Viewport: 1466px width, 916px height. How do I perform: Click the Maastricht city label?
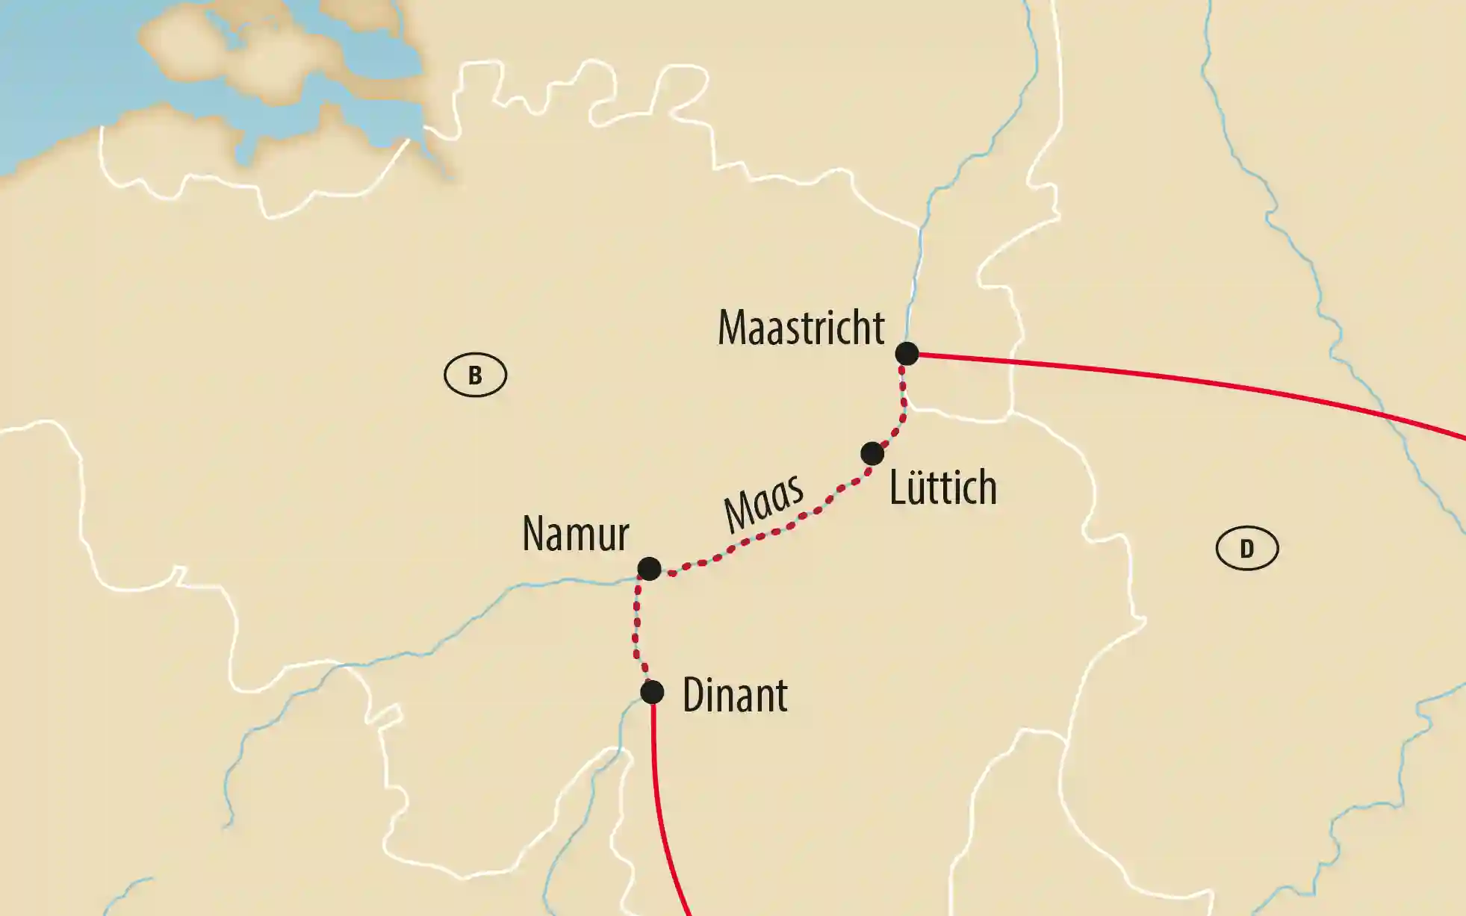pyautogui.click(x=801, y=328)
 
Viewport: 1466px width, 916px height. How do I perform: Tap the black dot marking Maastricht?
pyautogui.click(x=907, y=353)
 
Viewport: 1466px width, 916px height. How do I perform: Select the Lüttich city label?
pyautogui.click(x=942, y=488)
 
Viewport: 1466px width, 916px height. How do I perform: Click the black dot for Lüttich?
pyautogui.click(x=872, y=453)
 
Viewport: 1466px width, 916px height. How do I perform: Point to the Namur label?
pyautogui.click(x=575, y=535)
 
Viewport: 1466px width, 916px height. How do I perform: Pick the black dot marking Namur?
pyautogui.click(x=649, y=569)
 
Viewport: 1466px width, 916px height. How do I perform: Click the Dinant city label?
pyautogui.click(x=735, y=696)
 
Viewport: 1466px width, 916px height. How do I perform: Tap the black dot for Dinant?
pyautogui.click(x=652, y=692)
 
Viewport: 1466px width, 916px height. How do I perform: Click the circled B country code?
pyautogui.click(x=475, y=375)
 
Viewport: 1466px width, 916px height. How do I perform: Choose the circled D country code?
pyautogui.click(x=1246, y=549)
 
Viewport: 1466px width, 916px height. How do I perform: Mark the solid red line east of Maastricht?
pyautogui.click(x=1195, y=381)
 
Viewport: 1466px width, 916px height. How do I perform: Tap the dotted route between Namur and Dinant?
pyautogui.click(x=636, y=627)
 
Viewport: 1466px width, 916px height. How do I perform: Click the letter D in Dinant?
pyautogui.click(x=692, y=696)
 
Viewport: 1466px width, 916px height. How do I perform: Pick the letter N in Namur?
pyautogui.click(x=532, y=535)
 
